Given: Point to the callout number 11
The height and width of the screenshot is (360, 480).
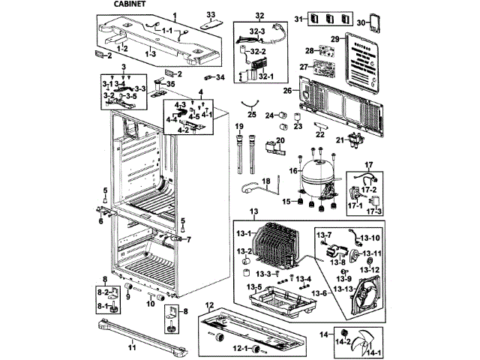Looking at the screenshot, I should coord(132,348).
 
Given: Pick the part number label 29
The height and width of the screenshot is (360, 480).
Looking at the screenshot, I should coord(335,38).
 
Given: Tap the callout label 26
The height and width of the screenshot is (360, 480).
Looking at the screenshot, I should coord(286,91).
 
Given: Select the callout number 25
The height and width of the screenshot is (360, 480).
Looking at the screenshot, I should coord(252,115).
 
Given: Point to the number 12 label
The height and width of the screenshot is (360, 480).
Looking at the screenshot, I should coord(210,305).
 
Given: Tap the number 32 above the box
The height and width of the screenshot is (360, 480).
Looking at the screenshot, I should coord(259,16).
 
